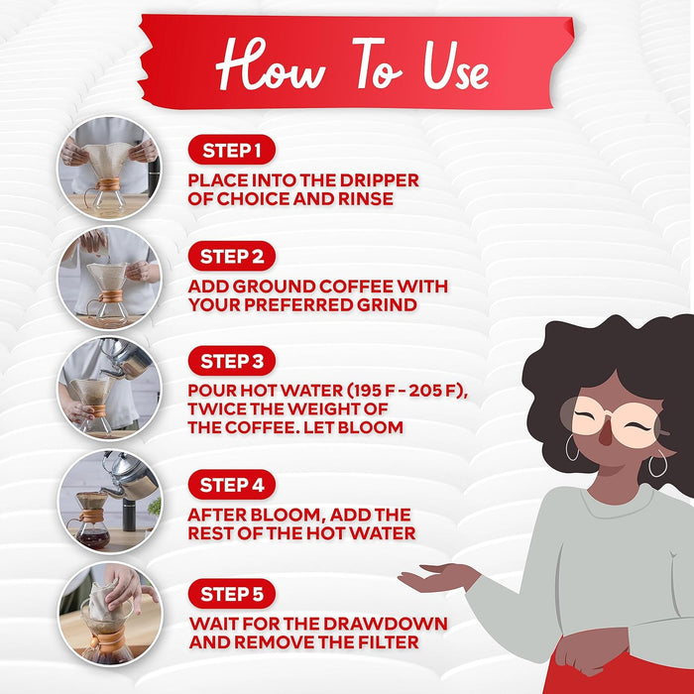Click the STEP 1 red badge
tap(231, 151)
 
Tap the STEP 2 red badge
tap(231, 257)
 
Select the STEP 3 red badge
tap(231, 361)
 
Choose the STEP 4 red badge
tap(231, 485)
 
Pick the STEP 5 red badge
tap(231, 595)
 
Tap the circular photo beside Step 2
tap(109, 277)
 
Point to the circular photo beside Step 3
tap(109, 387)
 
